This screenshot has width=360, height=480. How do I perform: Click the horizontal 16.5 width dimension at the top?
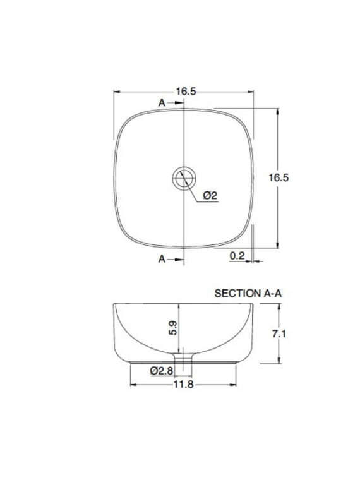[x=186, y=92]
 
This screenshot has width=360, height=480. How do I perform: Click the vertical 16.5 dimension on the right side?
[x=279, y=177]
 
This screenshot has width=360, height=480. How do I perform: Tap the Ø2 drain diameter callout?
[x=210, y=195]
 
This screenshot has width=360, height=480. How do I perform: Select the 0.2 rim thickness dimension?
[x=237, y=256]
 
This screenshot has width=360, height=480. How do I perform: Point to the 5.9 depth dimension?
[x=173, y=328]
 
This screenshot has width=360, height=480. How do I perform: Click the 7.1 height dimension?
[x=279, y=333]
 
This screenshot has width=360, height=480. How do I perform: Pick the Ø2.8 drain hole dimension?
[x=162, y=371]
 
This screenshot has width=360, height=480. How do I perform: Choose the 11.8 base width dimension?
[x=184, y=385]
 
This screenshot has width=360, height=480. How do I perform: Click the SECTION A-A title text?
[x=248, y=293]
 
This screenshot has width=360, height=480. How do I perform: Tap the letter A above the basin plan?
[x=162, y=103]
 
